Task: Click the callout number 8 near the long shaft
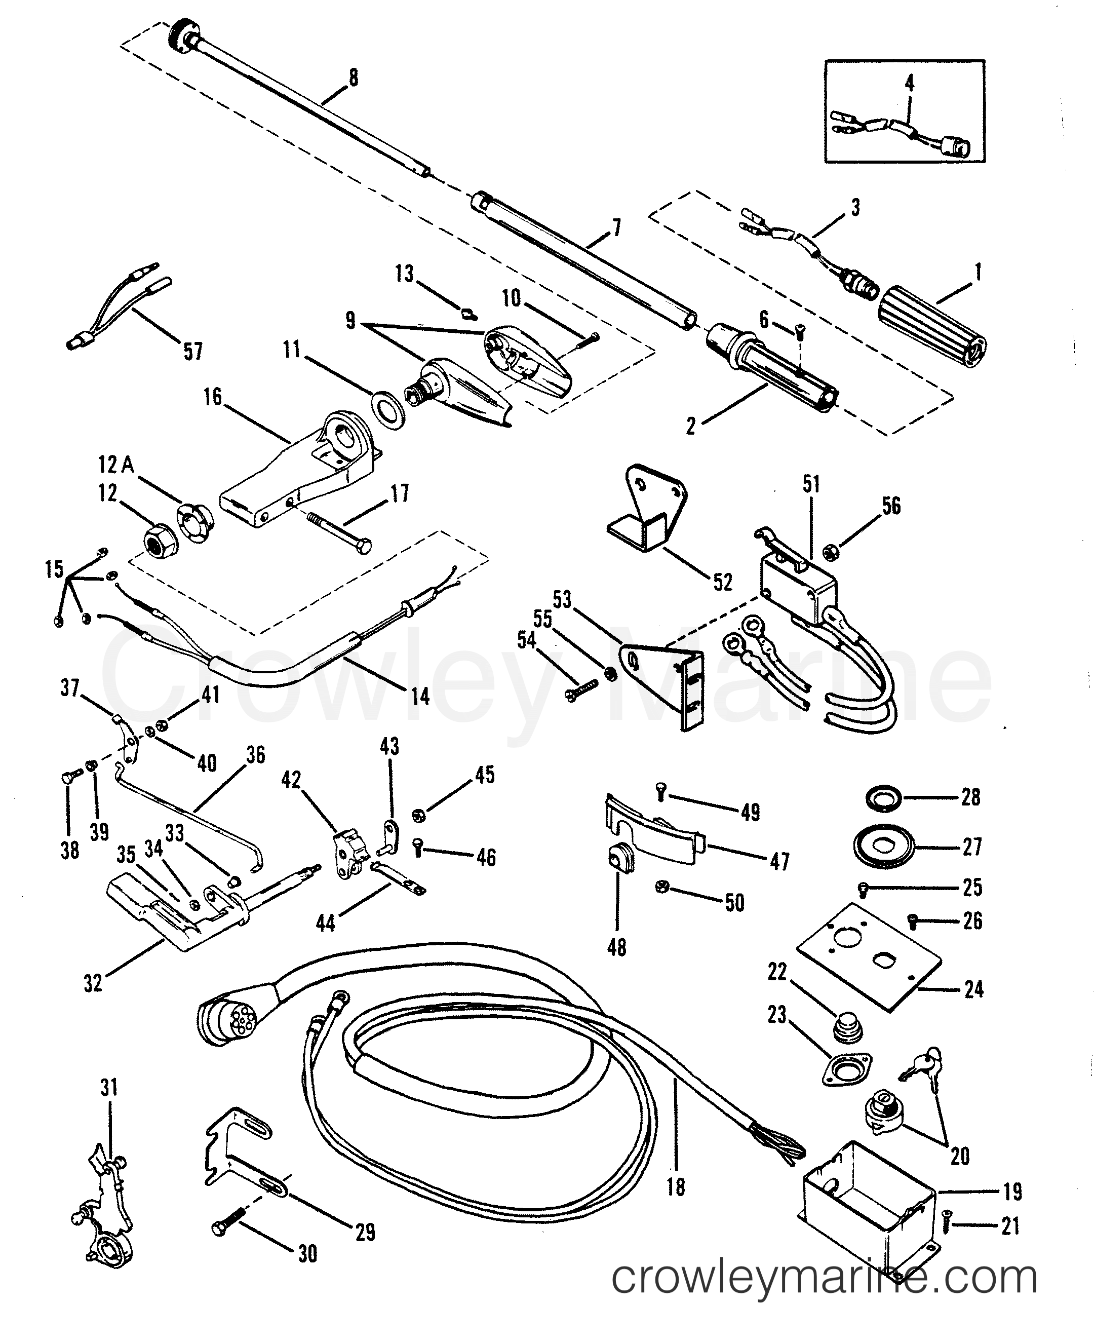point(353,78)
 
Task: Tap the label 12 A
point(116,465)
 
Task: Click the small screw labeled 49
point(661,789)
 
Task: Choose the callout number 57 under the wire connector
point(193,351)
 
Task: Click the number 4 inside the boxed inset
point(909,83)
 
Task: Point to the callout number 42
point(291,781)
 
